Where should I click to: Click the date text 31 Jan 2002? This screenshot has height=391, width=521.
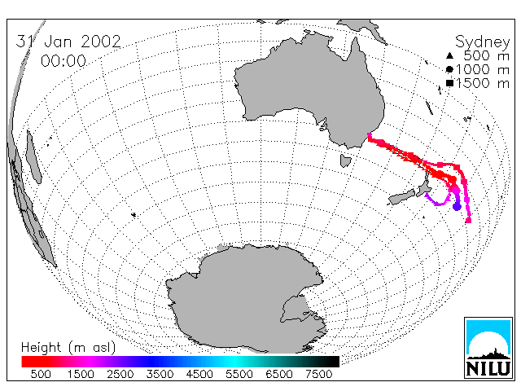68,42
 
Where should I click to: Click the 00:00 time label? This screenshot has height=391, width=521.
63,61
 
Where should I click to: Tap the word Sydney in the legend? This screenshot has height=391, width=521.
483,42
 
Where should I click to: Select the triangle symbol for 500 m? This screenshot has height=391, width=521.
449,55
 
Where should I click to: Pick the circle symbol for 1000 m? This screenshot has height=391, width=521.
449,69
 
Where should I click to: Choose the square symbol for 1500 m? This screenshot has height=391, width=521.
449,83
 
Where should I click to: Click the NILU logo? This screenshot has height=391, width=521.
488,348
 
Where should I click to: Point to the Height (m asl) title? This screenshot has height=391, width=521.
68,348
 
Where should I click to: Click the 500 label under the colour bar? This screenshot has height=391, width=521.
41,374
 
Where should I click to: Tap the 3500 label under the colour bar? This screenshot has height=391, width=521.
160,374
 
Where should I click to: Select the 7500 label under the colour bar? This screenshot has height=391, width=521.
318,374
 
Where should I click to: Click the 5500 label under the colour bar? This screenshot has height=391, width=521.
239,374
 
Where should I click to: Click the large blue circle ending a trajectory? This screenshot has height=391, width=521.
458,207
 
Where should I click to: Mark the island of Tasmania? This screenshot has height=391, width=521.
345,160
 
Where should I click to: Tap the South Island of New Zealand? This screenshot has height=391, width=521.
401,197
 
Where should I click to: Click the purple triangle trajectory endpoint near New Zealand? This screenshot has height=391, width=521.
427,194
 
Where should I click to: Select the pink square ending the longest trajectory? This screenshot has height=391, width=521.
469,220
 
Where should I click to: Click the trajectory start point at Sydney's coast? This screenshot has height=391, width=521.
369,134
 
